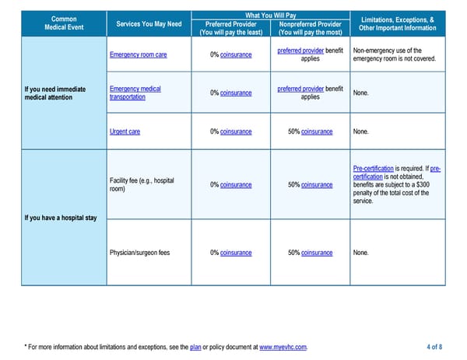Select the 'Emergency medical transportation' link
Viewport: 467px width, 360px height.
coord(135,93)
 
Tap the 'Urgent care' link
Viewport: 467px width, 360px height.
coord(125,131)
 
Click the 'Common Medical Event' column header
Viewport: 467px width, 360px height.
coord(64,24)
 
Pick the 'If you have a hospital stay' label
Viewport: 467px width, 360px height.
coord(61,217)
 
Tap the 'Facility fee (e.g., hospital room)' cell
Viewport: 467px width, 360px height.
coord(142,185)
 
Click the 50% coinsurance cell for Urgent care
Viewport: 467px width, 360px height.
coord(310,131)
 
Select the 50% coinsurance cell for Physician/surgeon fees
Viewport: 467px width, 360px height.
coord(310,253)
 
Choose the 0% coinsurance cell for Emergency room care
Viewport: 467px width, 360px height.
coord(231,55)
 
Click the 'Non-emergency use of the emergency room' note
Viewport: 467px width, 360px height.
coord(392,55)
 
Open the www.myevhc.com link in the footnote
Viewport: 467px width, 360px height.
coord(283,347)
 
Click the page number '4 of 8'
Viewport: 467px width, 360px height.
coord(436,347)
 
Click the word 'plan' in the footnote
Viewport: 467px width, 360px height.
coord(195,347)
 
